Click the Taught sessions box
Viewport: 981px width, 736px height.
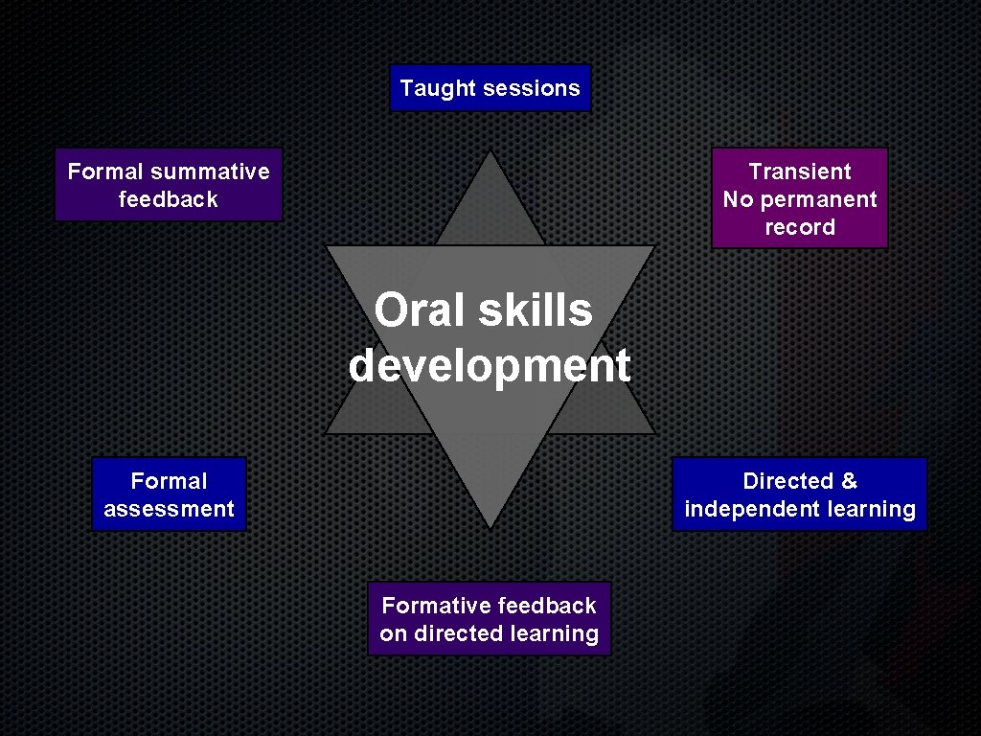pyautogui.click(x=490, y=88)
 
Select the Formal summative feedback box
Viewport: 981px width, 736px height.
pyautogui.click(x=169, y=185)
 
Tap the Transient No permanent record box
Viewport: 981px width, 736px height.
pyautogui.click(x=799, y=198)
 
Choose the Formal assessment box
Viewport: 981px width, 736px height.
pyautogui.click(x=169, y=494)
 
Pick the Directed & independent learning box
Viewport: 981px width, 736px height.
pyautogui.click(x=800, y=494)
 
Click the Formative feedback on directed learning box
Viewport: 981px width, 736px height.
pyautogui.click(x=489, y=619)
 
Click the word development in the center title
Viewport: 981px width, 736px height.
pyautogui.click(x=490, y=365)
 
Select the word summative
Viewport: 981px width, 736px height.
pyautogui.click(x=210, y=172)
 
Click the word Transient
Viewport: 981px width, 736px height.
pyautogui.click(x=799, y=172)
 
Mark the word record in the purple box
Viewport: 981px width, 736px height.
pyautogui.click(x=799, y=227)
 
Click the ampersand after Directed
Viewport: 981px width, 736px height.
pyautogui.click(x=849, y=481)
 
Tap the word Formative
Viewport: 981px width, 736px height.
pyautogui.click(x=436, y=606)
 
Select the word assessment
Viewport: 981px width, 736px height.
pyautogui.click(x=169, y=509)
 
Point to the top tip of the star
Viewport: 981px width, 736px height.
pyautogui.click(x=490, y=151)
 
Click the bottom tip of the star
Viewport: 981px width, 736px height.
pyautogui.click(x=490, y=526)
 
